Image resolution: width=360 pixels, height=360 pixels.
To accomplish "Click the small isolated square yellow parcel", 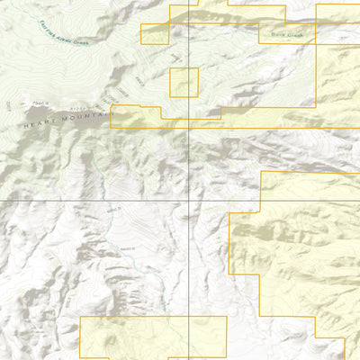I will tap(184, 83).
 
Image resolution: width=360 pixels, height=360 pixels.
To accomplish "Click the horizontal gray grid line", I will tap(90, 199).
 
